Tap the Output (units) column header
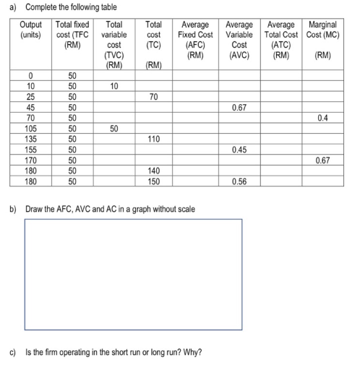click(x=31, y=29)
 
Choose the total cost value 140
click(x=153, y=171)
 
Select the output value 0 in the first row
click(x=31, y=75)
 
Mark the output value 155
click(x=31, y=150)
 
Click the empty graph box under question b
click(x=134, y=275)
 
